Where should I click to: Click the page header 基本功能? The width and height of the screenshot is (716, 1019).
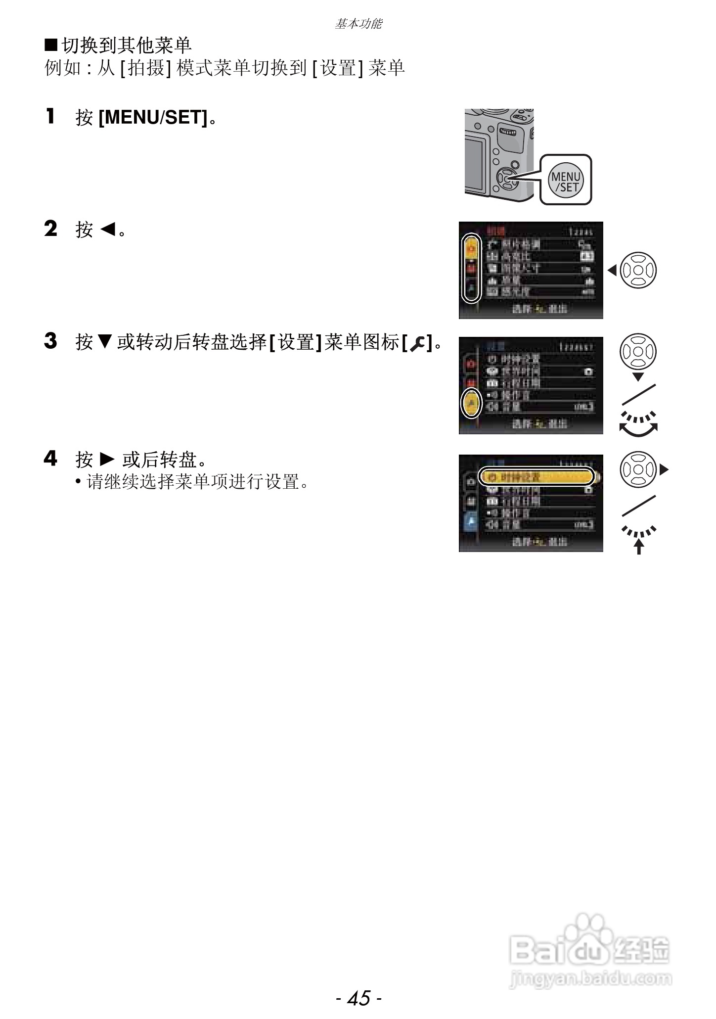[x=358, y=24]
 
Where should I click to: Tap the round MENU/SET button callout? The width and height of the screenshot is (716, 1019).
[x=566, y=180]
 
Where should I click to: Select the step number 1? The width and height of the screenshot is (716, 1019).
[x=50, y=117]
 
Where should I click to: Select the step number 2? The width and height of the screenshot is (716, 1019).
[x=50, y=229]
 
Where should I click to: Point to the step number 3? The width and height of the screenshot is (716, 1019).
[x=50, y=341]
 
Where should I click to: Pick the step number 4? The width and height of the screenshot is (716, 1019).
[x=50, y=459]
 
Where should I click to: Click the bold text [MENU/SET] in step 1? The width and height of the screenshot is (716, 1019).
[x=153, y=118]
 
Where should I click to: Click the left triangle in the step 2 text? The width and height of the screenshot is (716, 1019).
[x=108, y=229]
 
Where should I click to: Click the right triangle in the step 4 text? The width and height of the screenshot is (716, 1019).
[x=107, y=460]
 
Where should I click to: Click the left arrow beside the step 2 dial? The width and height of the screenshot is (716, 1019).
[x=612, y=271]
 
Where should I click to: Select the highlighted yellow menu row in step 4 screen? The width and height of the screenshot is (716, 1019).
[x=537, y=477]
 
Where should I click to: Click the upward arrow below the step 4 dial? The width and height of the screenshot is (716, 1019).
[x=639, y=547]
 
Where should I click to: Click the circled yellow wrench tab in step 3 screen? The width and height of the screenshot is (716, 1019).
[x=471, y=403]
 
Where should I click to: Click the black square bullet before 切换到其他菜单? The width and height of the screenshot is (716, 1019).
[x=51, y=46]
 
